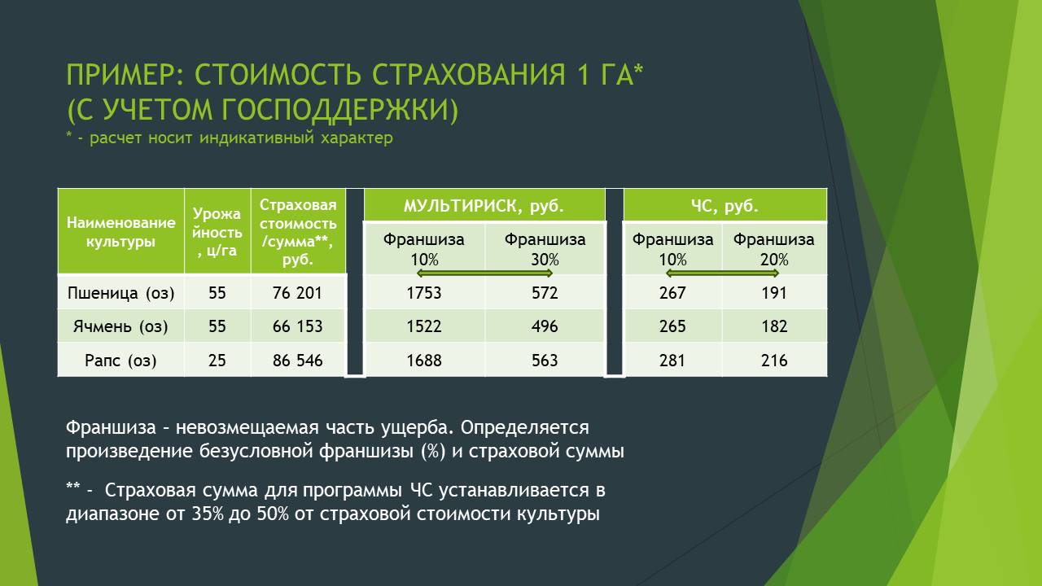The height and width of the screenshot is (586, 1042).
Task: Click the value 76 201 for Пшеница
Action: point(297,293)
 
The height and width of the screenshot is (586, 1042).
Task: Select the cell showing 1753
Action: point(424,293)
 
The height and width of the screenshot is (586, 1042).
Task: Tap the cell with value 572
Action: point(545,293)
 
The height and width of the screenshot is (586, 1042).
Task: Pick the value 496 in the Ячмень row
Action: point(545,326)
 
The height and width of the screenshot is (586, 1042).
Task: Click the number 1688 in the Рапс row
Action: point(424,361)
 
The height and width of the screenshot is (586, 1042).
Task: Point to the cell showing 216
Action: point(774,361)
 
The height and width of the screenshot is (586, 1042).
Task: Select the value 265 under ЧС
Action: point(672,326)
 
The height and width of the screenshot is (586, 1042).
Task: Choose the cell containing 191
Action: point(774,293)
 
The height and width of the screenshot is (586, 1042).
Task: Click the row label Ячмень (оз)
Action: point(120,326)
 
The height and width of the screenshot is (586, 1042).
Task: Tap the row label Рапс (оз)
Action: point(120,361)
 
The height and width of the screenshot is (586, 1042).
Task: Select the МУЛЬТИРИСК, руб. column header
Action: point(484,206)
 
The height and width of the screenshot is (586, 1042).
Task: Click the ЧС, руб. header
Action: point(725,206)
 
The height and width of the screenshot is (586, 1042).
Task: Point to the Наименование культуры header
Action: point(121,232)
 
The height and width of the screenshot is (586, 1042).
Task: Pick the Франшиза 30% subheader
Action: point(545,249)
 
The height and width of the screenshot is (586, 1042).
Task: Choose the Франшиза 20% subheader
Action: point(774,249)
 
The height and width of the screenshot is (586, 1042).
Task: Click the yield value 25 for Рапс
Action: point(217,361)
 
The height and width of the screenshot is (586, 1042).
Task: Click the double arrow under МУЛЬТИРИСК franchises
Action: point(484,273)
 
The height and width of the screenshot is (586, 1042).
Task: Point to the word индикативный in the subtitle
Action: point(256,138)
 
